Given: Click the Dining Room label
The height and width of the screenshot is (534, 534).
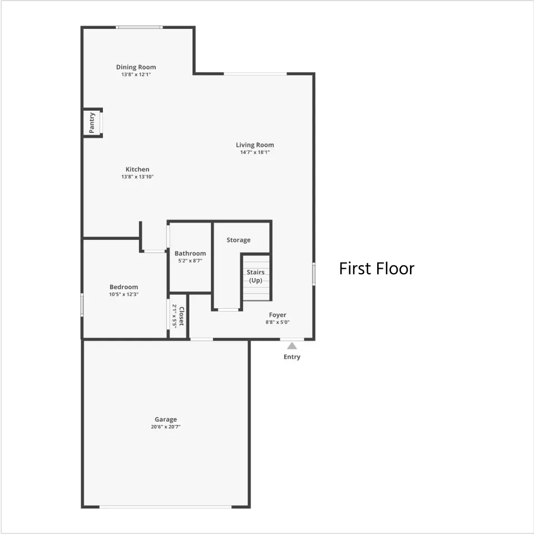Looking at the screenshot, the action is (x=136, y=67).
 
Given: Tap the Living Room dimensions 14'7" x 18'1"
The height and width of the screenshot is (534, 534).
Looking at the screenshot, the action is (x=255, y=152).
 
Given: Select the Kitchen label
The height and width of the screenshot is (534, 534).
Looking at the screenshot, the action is (x=137, y=169).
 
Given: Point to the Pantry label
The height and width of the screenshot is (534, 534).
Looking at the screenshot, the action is (x=92, y=123).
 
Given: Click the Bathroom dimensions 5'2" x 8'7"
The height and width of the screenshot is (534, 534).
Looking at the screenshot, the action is (x=190, y=261).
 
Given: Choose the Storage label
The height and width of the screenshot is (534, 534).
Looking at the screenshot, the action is (x=239, y=240).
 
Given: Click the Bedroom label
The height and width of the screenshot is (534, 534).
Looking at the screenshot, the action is (x=123, y=287).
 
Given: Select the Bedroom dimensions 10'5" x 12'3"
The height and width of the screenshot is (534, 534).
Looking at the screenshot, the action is (x=123, y=294).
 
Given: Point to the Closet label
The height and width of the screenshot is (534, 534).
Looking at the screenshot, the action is (x=181, y=316).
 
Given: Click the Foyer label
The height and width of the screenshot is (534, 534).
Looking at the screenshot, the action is (x=278, y=315).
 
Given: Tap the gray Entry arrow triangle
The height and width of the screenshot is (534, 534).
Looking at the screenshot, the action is (x=292, y=346).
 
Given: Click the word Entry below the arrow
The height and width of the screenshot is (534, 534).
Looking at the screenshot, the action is (x=292, y=357).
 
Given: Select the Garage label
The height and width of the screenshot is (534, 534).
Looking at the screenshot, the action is (x=166, y=419).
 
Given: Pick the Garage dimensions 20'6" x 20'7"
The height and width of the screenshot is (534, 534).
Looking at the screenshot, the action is (x=166, y=427).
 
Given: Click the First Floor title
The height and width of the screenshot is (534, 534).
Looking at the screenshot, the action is (x=377, y=268).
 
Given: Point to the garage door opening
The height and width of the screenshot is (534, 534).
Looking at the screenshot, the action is (x=166, y=507).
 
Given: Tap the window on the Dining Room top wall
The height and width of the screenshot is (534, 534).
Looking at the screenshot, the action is (x=139, y=27).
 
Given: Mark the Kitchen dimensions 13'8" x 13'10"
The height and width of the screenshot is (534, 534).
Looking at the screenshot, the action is (x=137, y=177).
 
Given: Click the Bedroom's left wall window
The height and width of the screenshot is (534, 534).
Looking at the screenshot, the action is (x=82, y=305).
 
